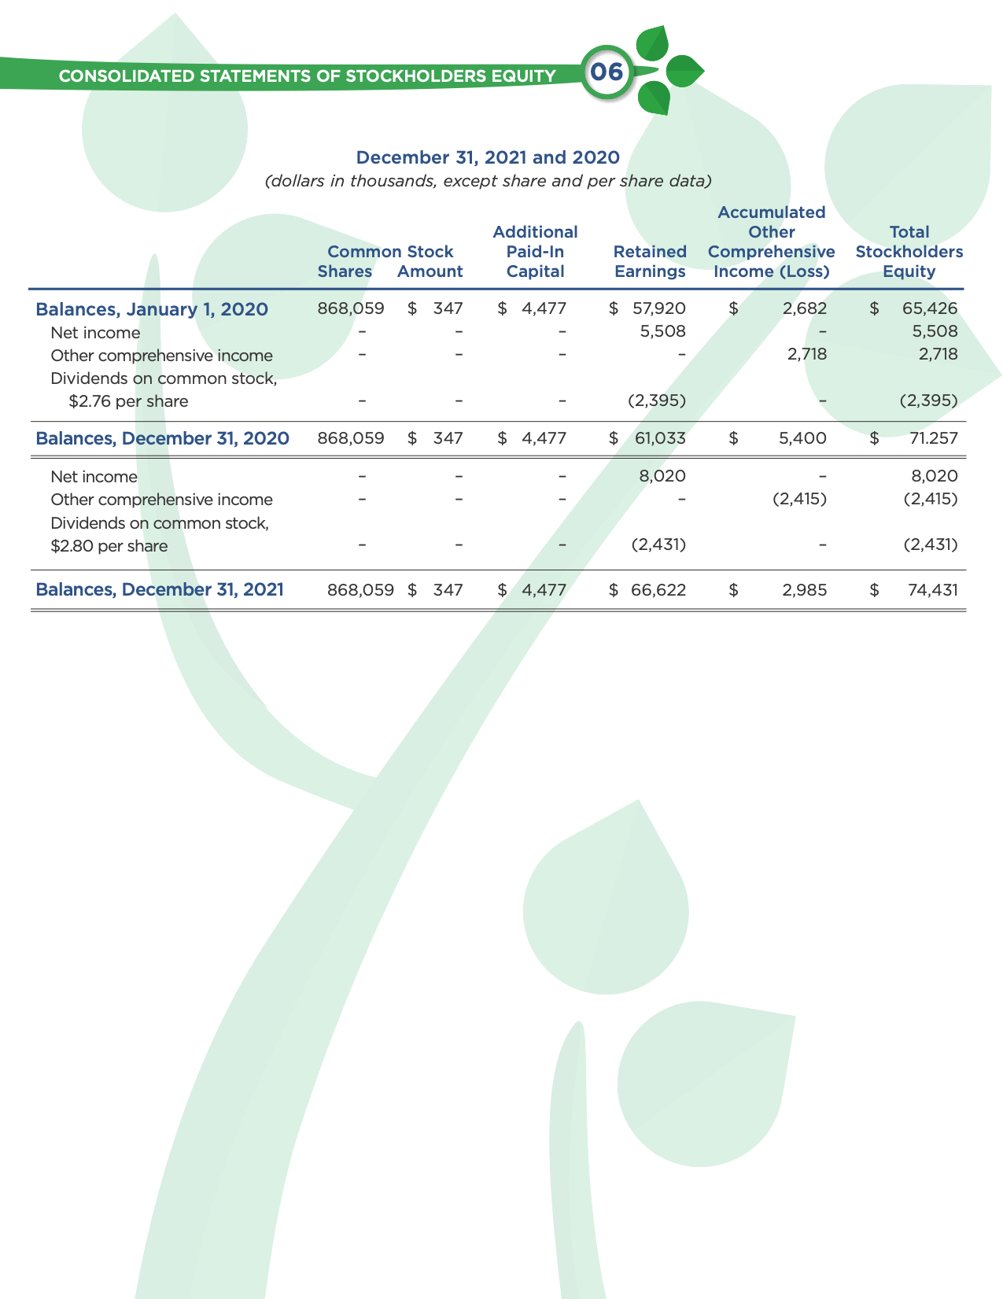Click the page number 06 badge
[x=607, y=73]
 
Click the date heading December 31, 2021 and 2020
[x=488, y=157]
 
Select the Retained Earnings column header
[x=650, y=261]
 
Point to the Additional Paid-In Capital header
[x=535, y=252]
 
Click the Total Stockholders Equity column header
[x=909, y=252]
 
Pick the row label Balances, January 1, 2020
[x=152, y=309]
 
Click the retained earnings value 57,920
[x=659, y=308]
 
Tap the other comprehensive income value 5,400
[x=802, y=438]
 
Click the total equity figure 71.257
[x=934, y=438]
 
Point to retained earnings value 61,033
[x=660, y=438]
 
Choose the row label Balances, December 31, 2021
[x=160, y=589]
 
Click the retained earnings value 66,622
[x=658, y=589]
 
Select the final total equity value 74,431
[x=933, y=589]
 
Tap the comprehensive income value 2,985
[x=804, y=589]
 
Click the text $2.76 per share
[x=128, y=401]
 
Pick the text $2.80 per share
[x=109, y=546]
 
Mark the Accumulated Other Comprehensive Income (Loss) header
[x=771, y=242]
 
